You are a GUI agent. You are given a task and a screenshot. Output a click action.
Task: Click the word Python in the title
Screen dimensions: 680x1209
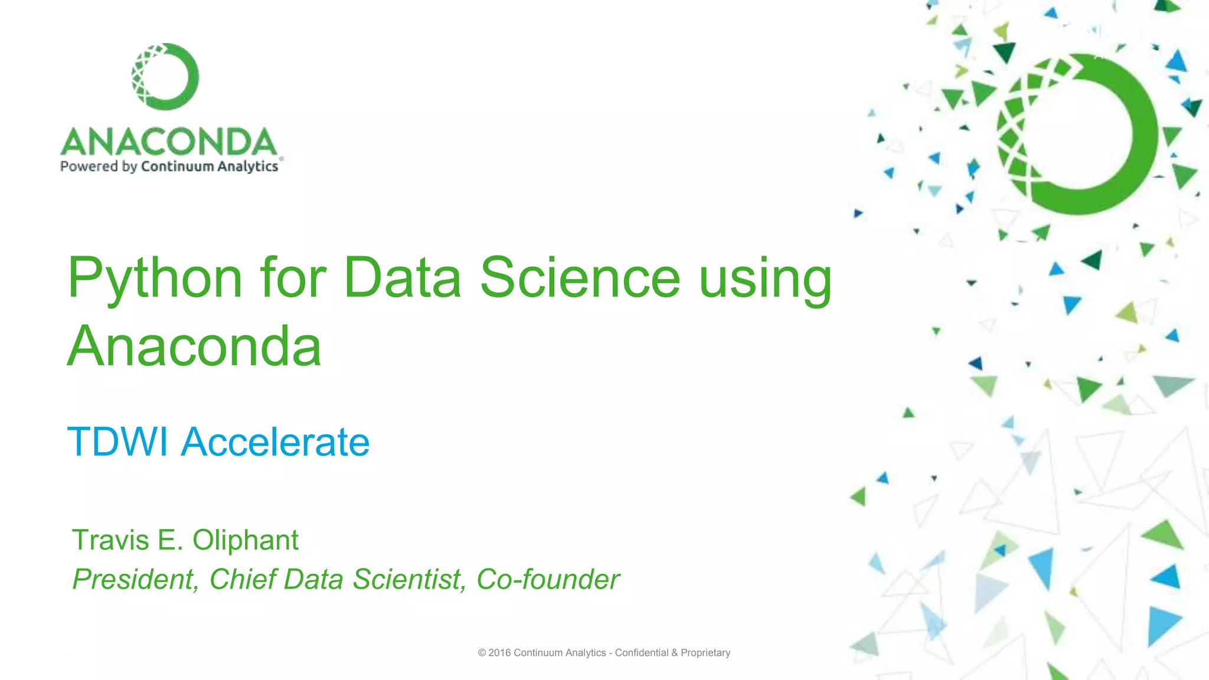(x=155, y=277)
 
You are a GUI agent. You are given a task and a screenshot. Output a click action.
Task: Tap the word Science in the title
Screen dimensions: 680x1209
(x=580, y=277)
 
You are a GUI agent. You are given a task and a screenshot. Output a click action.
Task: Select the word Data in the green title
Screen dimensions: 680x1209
(x=401, y=277)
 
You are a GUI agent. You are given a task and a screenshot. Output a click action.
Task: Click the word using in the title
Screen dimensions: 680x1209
(x=765, y=277)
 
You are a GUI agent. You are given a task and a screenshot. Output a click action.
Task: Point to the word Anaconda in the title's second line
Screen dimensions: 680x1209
(x=194, y=346)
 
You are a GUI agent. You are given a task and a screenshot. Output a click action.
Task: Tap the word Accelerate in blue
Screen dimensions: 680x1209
(x=275, y=442)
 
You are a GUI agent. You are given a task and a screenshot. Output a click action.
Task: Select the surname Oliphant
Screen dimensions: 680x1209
(x=245, y=540)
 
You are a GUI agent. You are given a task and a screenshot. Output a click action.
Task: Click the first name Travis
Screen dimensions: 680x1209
(x=110, y=540)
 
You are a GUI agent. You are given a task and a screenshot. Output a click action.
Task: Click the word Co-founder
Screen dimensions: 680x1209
(x=548, y=579)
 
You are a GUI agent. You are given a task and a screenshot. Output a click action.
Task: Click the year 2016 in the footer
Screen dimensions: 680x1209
(x=499, y=653)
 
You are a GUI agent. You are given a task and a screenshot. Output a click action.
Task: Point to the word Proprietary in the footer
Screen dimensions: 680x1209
(x=705, y=653)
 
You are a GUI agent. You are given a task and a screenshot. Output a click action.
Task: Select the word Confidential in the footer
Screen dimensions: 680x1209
(x=642, y=653)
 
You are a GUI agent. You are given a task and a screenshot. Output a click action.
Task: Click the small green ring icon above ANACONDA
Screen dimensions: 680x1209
(x=165, y=77)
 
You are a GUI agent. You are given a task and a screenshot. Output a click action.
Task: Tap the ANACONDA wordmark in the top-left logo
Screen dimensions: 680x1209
(x=169, y=142)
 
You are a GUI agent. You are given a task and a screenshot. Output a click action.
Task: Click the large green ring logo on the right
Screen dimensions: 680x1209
(x=1078, y=135)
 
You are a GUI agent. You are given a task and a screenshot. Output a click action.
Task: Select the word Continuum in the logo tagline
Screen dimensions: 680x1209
(x=177, y=166)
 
